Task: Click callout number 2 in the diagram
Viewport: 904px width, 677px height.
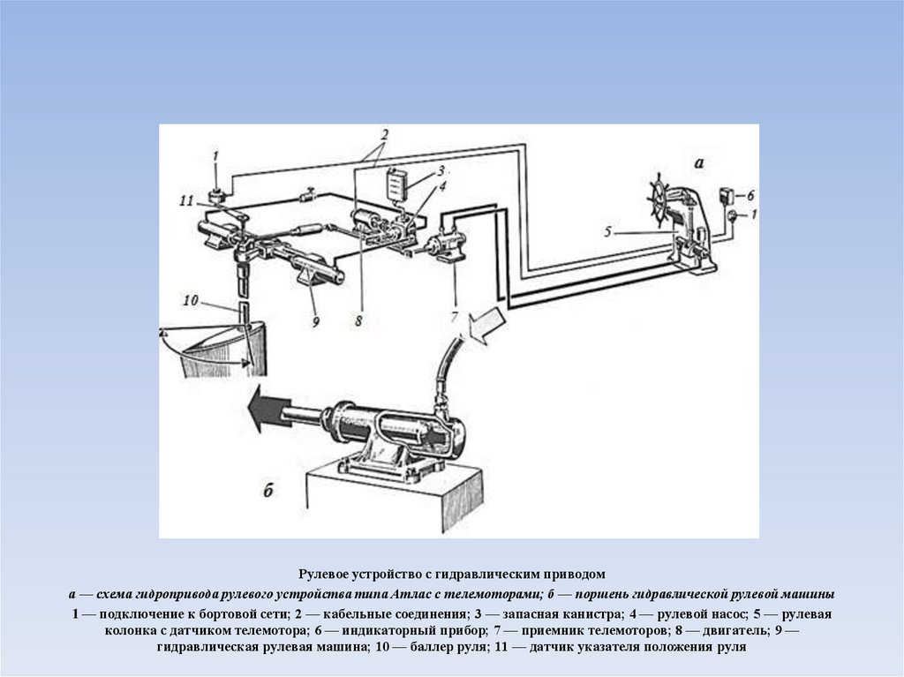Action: point(385,134)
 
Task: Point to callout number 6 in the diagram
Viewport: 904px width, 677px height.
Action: point(750,194)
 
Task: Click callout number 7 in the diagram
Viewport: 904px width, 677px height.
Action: point(454,316)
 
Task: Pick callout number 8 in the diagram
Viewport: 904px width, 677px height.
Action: point(358,320)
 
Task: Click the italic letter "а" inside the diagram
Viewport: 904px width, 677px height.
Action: point(699,162)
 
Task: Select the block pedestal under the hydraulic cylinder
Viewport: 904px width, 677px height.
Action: point(395,500)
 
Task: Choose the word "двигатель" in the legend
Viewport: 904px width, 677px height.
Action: point(735,630)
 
